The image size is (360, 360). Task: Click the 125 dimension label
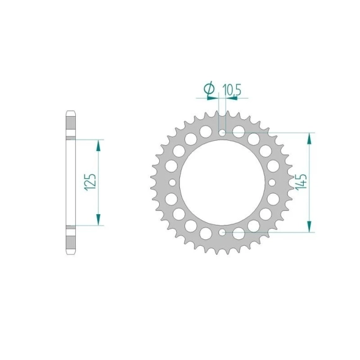click(90, 183)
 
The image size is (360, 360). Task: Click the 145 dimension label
click(301, 182)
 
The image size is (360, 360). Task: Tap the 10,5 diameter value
click(232, 90)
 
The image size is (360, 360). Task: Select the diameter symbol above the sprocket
click(210, 88)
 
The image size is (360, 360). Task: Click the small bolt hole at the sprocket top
click(222, 133)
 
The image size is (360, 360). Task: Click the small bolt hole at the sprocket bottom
click(222, 232)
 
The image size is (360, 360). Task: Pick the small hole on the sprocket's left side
click(172, 183)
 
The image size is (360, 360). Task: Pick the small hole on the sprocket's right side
click(272, 183)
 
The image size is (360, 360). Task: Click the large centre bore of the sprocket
click(222, 183)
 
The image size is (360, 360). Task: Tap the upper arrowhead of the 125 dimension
click(99, 145)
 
